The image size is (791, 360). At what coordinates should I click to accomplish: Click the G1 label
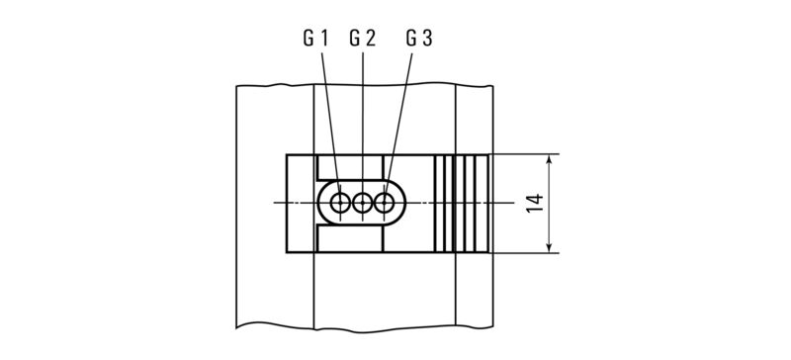313,40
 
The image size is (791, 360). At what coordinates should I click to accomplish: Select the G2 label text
362,40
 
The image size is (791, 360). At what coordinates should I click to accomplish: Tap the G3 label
418,40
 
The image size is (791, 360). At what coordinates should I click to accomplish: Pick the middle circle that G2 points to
363,204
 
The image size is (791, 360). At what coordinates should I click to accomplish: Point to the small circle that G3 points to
385,204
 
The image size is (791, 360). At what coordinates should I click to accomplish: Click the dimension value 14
535,205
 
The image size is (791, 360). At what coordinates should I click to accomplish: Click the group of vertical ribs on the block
462,204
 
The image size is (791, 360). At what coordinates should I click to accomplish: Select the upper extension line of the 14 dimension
524,154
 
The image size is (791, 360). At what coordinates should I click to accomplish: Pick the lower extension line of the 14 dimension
524,253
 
